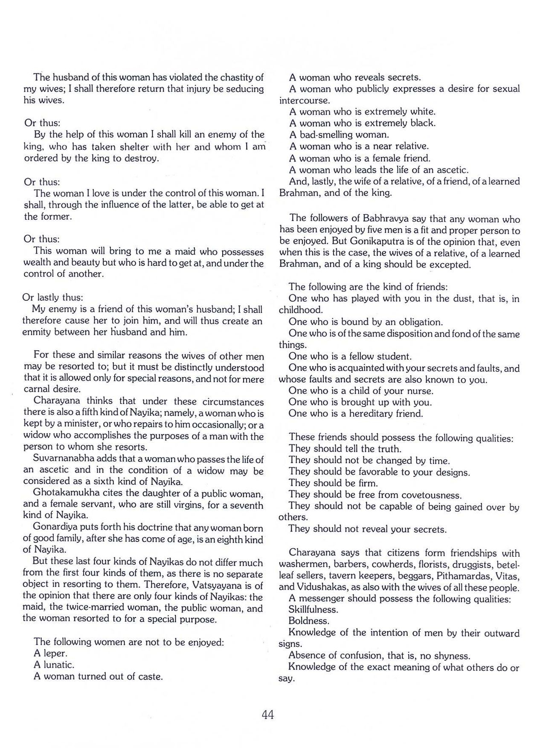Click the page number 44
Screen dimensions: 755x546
267,715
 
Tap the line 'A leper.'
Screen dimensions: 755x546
50,653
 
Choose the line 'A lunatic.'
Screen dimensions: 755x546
54,665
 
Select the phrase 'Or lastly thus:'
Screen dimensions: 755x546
53,297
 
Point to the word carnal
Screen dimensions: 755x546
38,389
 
